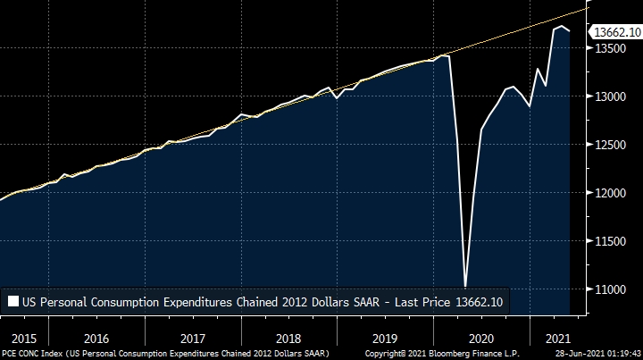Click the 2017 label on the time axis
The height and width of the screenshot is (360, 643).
point(192,339)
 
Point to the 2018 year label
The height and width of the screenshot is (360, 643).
point(288,339)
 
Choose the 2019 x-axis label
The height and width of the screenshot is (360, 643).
point(384,339)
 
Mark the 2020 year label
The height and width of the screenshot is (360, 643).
point(480,339)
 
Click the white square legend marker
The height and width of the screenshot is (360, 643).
point(13,302)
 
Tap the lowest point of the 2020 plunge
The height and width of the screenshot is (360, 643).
point(465,286)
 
